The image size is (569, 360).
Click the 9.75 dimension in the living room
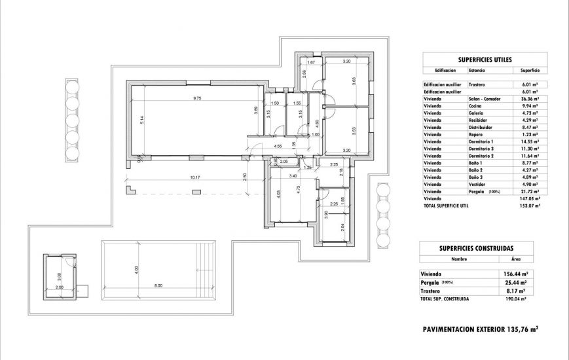click(x=196, y=98)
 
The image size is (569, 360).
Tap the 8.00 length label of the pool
click(x=158, y=286)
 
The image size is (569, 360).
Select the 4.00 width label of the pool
click(x=137, y=268)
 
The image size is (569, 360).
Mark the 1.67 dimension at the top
click(x=312, y=62)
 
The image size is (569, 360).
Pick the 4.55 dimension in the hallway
click(x=278, y=146)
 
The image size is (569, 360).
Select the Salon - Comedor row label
click(x=485, y=98)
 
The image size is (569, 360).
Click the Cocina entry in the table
click(x=476, y=105)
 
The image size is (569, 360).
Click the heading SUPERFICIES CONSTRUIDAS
click(x=476, y=248)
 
